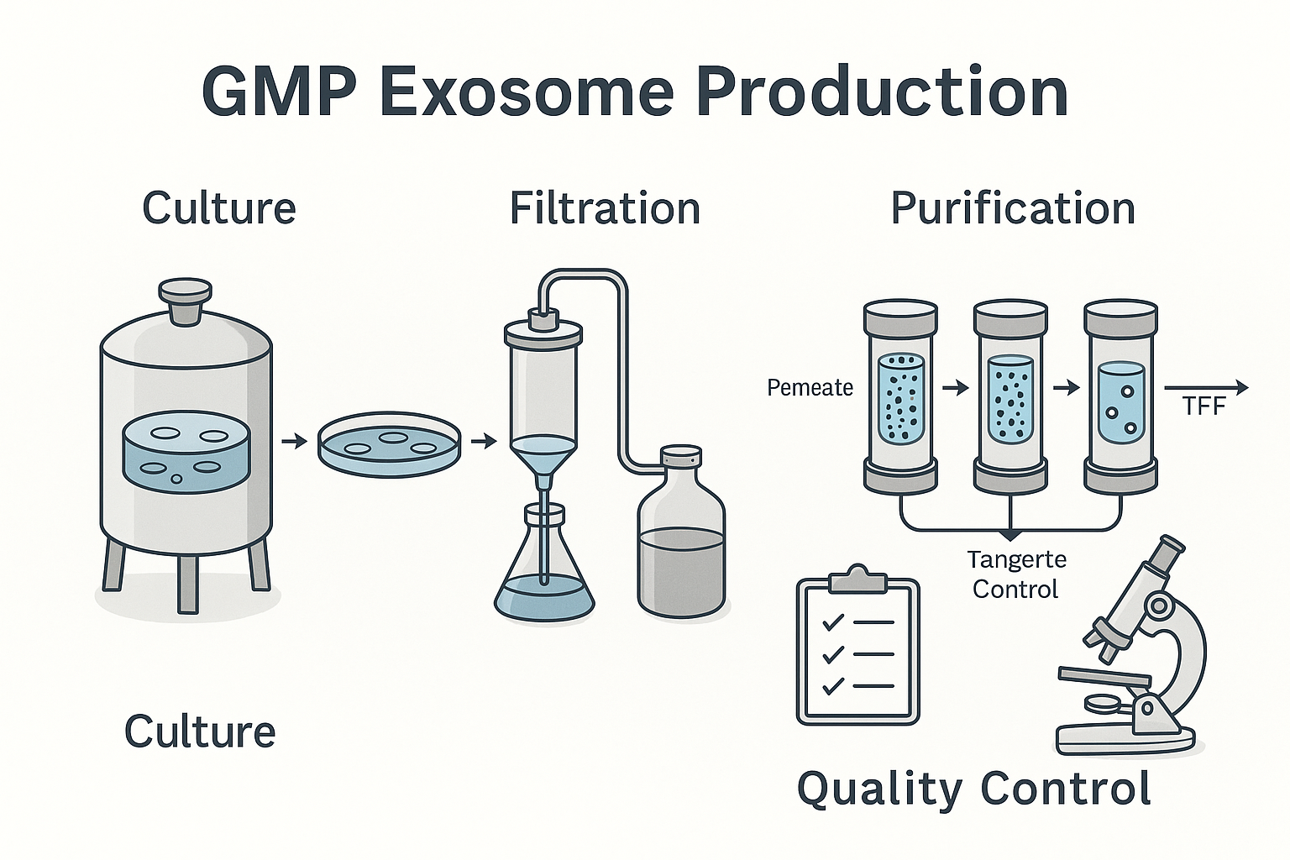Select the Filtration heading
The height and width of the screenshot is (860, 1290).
tap(605, 208)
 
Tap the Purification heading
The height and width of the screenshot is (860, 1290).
tap(1013, 209)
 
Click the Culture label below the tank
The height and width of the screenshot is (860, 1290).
tap(200, 731)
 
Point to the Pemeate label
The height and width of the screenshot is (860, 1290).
tap(810, 388)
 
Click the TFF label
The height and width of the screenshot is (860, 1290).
tap(1203, 406)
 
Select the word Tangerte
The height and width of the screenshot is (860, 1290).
tap(1016, 560)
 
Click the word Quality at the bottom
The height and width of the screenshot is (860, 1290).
tap(879, 790)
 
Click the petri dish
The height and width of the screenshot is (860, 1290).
tap(390, 444)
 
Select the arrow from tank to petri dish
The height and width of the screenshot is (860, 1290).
tap(294, 442)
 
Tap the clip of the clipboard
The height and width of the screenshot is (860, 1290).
tap(857, 579)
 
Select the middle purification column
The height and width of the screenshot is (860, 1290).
tap(1010, 397)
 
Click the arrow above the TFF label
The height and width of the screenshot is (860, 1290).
tap(1206, 388)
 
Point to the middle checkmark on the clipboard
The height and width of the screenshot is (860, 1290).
tap(833, 654)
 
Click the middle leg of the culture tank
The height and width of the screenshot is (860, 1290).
tap(186, 584)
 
